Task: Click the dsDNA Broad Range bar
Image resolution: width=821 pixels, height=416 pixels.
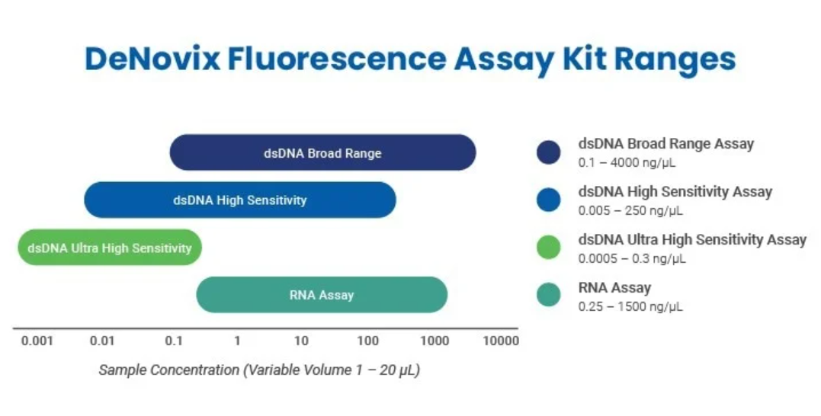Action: [x=322, y=152]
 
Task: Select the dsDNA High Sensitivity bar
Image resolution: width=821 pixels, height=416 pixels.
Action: [x=240, y=200]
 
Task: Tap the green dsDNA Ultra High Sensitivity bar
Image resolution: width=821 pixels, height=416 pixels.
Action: [x=110, y=248]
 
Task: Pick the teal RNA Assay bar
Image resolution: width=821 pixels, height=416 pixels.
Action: [x=322, y=295]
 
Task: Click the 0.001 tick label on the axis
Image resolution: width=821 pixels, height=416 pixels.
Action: [x=37, y=341]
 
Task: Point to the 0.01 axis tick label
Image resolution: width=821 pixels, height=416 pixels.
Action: [x=102, y=341]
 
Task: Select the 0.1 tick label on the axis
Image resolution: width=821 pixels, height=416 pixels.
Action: [x=174, y=341]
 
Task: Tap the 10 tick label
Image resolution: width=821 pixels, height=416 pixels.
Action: [x=301, y=341]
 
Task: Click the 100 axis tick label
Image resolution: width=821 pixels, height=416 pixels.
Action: [x=368, y=341]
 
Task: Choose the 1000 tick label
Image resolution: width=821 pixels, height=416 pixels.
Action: [x=435, y=341]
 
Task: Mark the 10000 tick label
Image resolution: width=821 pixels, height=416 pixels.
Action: [x=501, y=341]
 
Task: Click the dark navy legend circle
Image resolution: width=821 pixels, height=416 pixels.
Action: [x=549, y=152]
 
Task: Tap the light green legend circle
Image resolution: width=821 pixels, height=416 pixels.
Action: [x=549, y=248]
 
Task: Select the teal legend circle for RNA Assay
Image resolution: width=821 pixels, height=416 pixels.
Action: [x=549, y=295]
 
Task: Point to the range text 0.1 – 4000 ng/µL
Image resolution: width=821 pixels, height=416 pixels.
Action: [x=627, y=163]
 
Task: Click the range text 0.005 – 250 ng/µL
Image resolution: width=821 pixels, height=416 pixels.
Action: [x=630, y=210]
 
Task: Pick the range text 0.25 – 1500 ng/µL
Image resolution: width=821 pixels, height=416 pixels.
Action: [x=630, y=306]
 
